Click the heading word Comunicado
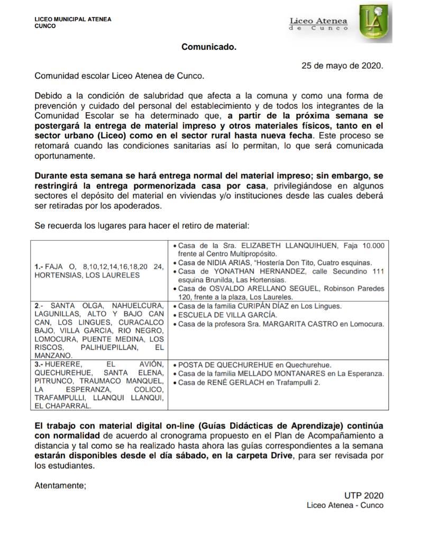(209, 47)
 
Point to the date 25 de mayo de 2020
(342, 66)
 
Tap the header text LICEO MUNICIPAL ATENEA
(73, 20)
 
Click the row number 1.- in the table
(38, 267)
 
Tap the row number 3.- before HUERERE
(38, 365)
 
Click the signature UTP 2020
(363, 495)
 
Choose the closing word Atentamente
(60, 484)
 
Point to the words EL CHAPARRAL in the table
(61, 406)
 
